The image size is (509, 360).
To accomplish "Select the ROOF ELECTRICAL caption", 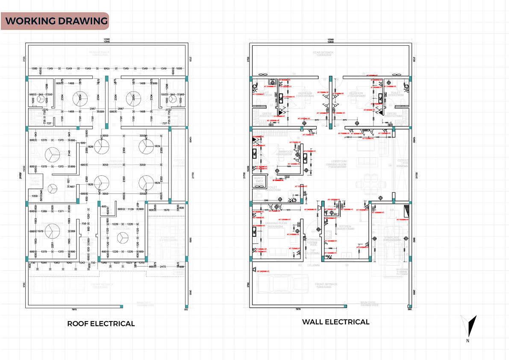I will pyautogui.click(x=101, y=324).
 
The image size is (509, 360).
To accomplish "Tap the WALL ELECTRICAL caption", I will pyautogui.click(x=335, y=322).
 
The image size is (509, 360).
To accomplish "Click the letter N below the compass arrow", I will pyautogui.click(x=468, y=341).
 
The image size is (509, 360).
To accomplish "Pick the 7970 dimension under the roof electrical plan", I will pyautogui.click(x=73, y=309).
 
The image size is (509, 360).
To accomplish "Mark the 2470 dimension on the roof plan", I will pyautogui.click(x=163, y=267).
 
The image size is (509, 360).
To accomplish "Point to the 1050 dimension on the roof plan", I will pyautogui.click(x=34, y=196).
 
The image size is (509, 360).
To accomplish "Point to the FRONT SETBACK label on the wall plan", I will pyautogui.click(x=322, y=284).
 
